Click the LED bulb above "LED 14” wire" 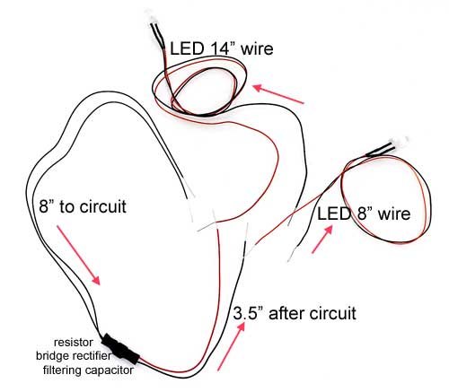[x=149, y=15]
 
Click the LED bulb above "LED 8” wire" [x=399, y=142]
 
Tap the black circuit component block [x=120, y=349]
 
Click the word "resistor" [x=74, y=342]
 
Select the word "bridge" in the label [x=53, y=356]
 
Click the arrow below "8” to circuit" [x=78, y=255]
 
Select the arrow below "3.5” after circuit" [x=231, y=346]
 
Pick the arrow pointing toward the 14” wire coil [x=278, y=94]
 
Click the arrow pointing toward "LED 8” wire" [x=322, y=240]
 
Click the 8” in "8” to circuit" [x=47, y=206]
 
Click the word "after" [x=286, y=314]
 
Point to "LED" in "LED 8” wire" [x=334, y=213]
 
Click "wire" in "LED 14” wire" [x=257, y=48]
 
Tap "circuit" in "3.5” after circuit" [x=333, y=314]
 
